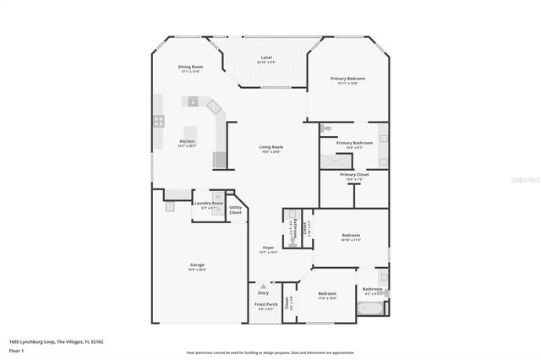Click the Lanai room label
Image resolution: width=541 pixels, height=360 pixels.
coord(265,57)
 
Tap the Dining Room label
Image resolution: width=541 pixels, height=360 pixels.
coord(190,67)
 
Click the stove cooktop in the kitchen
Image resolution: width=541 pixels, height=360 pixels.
coord(158,122)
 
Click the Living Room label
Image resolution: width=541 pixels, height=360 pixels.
coord(270,147)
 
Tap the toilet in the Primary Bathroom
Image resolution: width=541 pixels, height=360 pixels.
coord(327,129)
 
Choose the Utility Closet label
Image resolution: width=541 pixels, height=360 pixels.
coord(235,210)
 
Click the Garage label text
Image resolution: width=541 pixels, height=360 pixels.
coord(196,265)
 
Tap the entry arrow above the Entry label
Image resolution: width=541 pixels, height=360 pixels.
coord(264,286)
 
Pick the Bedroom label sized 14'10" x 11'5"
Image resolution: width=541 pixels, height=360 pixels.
coord(351,235)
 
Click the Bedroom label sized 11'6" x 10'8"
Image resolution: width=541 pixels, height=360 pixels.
coord(326,294)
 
